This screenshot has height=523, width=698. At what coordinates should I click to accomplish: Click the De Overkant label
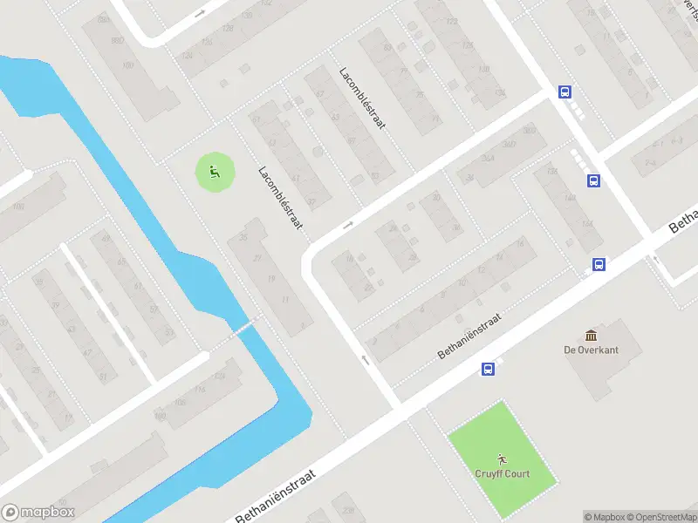click(591, 350)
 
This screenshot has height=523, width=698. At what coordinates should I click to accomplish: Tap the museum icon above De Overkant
click(592, 336)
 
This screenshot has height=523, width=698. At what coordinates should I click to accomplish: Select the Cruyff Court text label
click(502, 474)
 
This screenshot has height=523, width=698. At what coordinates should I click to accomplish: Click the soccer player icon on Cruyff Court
click(502, 458)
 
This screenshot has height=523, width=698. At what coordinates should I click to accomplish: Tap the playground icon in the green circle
click(214, 172)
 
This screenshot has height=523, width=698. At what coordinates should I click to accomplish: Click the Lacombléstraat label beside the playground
click(280, 197)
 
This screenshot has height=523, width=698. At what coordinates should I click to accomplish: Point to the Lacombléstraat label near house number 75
click(362, 98)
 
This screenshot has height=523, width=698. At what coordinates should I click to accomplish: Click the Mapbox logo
click(38, 513)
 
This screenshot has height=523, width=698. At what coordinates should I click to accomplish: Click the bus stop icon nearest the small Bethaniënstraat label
click(488, 370)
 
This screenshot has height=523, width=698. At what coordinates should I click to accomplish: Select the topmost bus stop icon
click(565, 92)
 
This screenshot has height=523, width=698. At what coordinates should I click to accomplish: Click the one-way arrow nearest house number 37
click(348, 225)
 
